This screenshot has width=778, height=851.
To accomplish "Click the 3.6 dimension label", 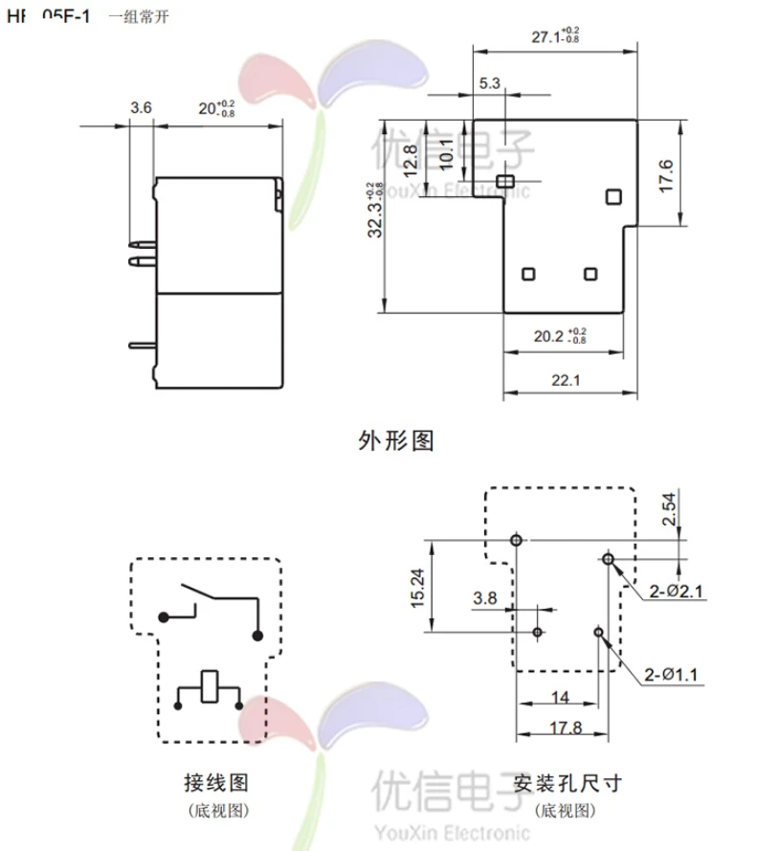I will coord(141,108).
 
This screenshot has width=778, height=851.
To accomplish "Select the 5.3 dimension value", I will coord(490,83).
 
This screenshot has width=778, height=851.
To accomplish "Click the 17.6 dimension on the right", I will coord(668,177).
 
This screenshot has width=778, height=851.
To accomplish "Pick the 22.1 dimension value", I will coord(568,381).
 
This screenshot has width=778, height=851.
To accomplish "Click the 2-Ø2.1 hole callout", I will coord(677,592).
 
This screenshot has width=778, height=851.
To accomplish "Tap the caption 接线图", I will coord(216,783).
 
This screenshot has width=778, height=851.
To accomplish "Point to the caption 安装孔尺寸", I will coord(567,783).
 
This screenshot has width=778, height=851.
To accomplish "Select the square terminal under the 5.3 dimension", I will coord(506,180).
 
